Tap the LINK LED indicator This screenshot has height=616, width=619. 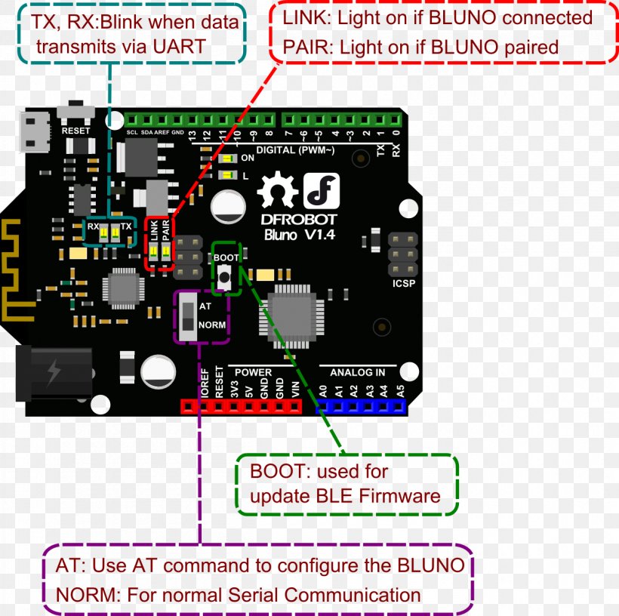click(x=153, y=252)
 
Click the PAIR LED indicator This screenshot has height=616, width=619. click(x=165, y=252)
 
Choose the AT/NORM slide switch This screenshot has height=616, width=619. click(x=186, y=318)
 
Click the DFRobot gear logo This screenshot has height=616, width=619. click(x=276, y=191)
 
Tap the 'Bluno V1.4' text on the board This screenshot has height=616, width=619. click(x=300, y=235)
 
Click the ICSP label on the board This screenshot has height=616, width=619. click(x=403, y=285)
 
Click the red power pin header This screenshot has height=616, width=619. click(x=240, y=407)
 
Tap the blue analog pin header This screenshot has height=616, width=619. click(x=361, y=407)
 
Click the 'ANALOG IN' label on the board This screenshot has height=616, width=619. click(x=357, y=372)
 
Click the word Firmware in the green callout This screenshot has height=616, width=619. click(x=399, y=496)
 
